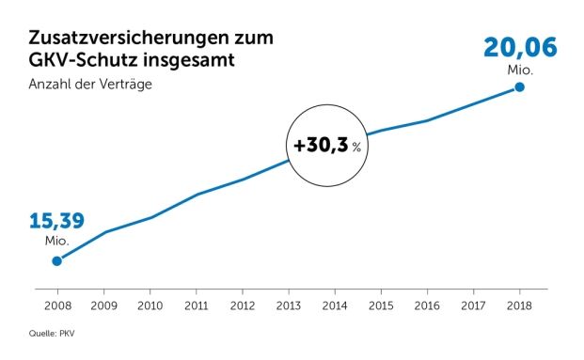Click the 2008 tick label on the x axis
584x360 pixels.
56,305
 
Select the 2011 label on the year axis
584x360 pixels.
196,305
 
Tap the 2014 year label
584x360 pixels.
335,305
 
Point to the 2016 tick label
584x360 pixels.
427,305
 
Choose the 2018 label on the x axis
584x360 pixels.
519,305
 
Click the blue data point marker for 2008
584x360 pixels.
56,261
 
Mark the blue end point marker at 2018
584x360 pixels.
519,87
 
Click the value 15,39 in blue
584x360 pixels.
56,222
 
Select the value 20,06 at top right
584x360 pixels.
519,46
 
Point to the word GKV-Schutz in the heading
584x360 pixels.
82,62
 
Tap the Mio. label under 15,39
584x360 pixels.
56,242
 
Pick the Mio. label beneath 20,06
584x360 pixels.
519,68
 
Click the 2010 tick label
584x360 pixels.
150,305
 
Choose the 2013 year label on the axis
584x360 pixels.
288,305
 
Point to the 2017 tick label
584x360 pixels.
473,305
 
